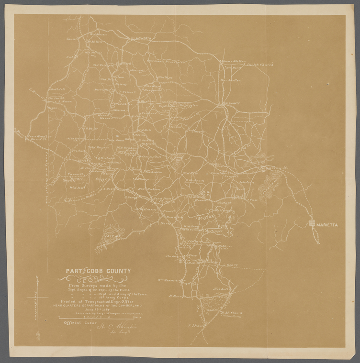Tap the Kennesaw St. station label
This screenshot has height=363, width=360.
(273, 169)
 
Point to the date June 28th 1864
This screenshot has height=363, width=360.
(100, 308)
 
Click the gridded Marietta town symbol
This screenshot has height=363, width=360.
(313, 222)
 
